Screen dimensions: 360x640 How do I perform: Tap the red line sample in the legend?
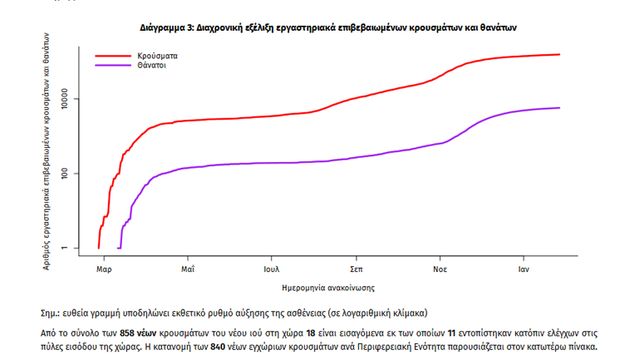coord(114,56)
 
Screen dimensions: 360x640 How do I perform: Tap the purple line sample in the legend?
coord(114,65)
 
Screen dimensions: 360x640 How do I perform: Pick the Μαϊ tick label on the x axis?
coord(188,269)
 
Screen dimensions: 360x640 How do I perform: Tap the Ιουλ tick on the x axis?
coord(271,269)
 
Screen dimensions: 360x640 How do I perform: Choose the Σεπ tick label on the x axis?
coord(356,269)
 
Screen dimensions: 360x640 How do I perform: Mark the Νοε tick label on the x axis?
coord(440,269)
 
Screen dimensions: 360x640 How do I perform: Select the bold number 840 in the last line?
coord(217,347)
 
